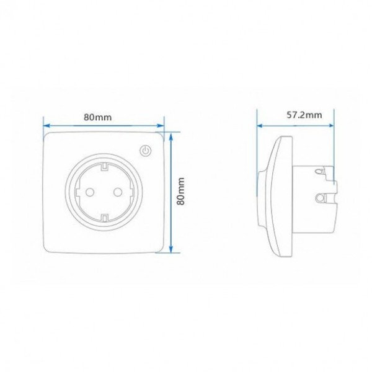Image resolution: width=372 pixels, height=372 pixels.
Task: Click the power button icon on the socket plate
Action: (x=146, y=151)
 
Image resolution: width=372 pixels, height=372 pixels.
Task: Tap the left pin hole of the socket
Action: (x=90, y=192)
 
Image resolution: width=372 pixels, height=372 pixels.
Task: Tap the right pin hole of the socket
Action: (x=118, y=192)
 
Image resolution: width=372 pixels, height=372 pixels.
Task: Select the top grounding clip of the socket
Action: (x=104, y=166)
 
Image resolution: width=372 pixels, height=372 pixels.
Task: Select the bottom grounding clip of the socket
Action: (x=104, y=218)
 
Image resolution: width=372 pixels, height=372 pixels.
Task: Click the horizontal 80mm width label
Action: (x=97, y=117)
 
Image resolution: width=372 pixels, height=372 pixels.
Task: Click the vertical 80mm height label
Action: (x=181, y=191)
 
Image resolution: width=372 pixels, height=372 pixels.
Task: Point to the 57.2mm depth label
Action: (x=304, y=115)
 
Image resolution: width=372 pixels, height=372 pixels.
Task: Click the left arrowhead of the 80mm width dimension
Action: (x=46, y=125)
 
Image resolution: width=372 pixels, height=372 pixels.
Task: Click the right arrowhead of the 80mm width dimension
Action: (x=161, y=125)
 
